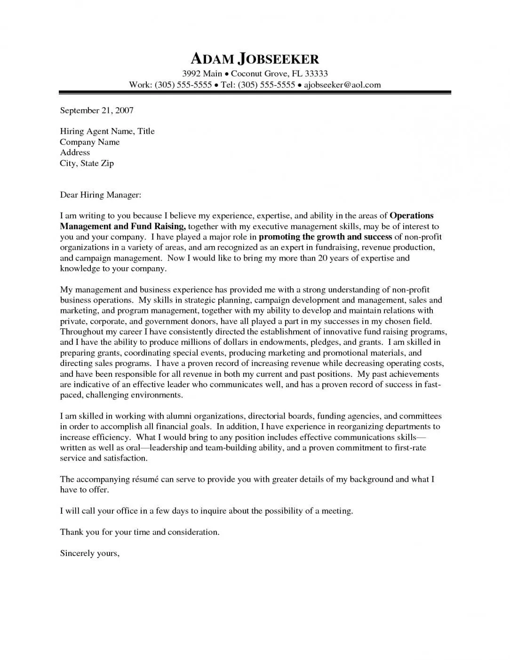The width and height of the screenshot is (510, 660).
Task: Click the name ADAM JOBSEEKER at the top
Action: (255, 58)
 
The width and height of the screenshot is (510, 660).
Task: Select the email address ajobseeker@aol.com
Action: (342, 85)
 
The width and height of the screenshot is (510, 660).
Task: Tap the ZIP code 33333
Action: (313, 73)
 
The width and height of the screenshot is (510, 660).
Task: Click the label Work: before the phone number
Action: (140, 85)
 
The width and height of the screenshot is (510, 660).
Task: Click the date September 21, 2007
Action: (97, 111)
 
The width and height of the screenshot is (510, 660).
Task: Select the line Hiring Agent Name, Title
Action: (107, 131)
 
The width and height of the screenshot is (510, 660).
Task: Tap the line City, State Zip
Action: (87, 163)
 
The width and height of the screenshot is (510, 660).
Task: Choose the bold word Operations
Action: (412, 215)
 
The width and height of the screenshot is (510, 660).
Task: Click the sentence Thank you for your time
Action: (139, 532)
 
